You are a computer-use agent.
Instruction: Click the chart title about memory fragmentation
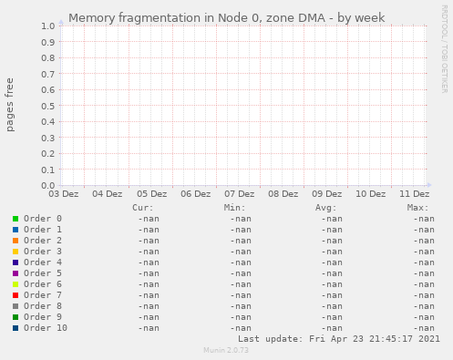click(x=226, y=17)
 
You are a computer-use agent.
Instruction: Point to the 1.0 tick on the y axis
click(x=47, y=26)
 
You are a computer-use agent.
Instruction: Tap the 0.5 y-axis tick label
click(x=47, y=106)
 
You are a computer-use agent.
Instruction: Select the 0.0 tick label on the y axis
click(x=47, y=185)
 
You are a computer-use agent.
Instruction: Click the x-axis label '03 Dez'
click(x=64, y=194)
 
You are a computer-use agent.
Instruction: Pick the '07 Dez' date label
click(x=239, y=194)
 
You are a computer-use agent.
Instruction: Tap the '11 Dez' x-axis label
click(x=415, y=194)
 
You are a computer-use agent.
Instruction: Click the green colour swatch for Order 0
click(x=15, y=219)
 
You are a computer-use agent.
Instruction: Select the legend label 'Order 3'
click(x=43, y=252)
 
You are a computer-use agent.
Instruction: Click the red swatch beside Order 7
click(x=15, y=295)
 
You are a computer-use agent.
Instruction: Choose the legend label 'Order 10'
click(x=46, y=328)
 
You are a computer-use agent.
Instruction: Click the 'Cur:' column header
click(x=142, y=208)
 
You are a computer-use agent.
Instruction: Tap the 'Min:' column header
click(x=234, y=208)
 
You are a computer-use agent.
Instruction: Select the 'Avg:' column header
click(x=325, y=208)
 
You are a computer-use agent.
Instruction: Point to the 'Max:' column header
click(x=417, y=208)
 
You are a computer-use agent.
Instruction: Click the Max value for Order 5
click(x=423, y=273)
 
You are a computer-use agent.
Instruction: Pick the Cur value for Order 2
click(x=149, y=241)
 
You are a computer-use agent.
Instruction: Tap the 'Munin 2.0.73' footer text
click(x=226, y=351)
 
